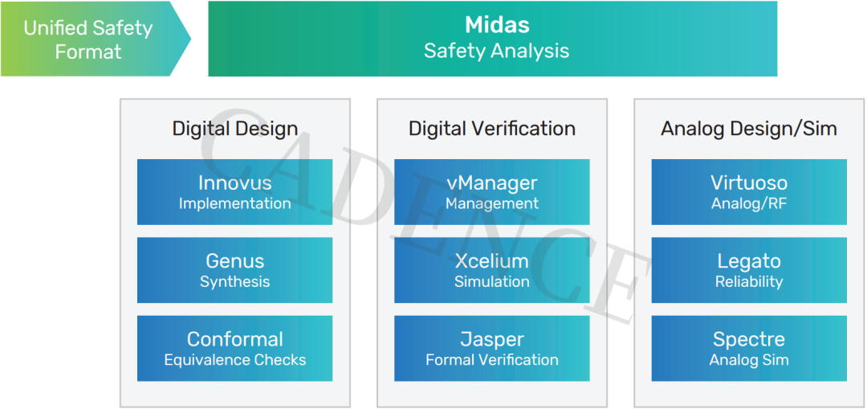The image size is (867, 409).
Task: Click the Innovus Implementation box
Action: coord(234,192)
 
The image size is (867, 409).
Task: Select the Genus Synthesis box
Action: coord(234,270)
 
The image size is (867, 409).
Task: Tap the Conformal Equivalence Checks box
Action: coord(234,348)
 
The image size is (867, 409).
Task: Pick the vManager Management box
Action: coord(491,192)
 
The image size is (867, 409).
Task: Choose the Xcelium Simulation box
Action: coord(491,270)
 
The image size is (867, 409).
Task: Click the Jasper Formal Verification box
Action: coord(491,348)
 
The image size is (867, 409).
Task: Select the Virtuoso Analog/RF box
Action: coord(749,192)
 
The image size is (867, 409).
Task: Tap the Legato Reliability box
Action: coord(749,270)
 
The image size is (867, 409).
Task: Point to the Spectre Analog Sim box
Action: coord(749,348)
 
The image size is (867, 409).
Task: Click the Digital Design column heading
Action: coord(235,129)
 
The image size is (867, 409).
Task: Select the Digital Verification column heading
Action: coord(492,129)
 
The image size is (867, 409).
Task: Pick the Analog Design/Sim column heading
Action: coord(749,129)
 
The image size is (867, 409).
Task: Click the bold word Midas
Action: coord(497,25)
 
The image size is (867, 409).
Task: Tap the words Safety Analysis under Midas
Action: coord(497,51)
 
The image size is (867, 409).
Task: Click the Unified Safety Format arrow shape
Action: coord(95,39)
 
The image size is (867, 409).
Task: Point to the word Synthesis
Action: coord(235,282)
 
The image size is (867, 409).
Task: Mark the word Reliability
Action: coord(749,282)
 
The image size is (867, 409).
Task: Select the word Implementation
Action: coord(235,203)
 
